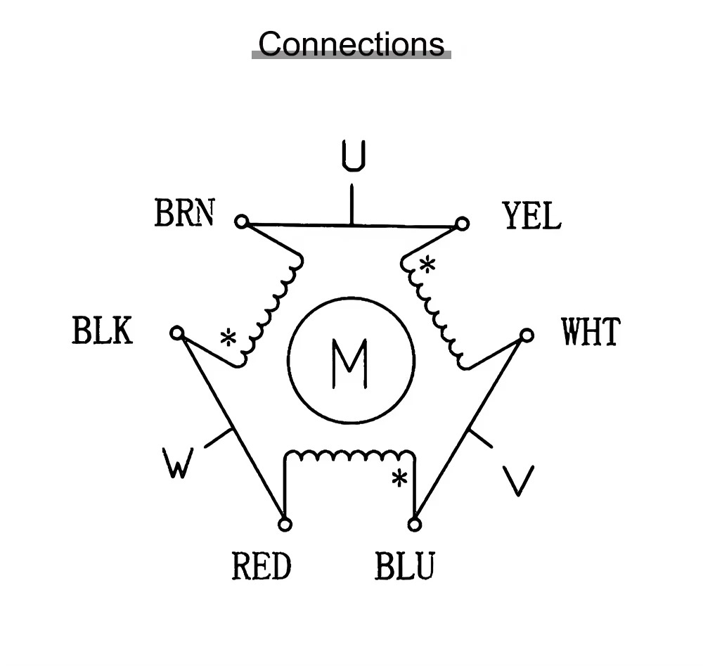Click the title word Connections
[x=351, y=44]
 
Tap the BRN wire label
[x=185, y=212]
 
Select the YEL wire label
[x=531, y=215]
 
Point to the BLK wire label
[x=102, y=330]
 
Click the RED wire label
[x=262, y=565]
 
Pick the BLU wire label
[x=404, y=565]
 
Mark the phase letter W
[x=178, y=463]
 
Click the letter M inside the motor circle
[x=349, y=364]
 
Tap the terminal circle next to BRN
[x=242, y=222]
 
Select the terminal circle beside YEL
[x=462, y=224]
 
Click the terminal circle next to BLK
[x=177, y=333]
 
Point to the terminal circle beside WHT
[x=527, y=335]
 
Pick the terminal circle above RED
[x=285, y=524]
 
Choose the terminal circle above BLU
[x=415, y=524]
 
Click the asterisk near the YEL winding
[x=427, y=264]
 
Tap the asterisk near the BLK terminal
[x=228, y=338]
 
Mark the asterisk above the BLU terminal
[x=399, y=478]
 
